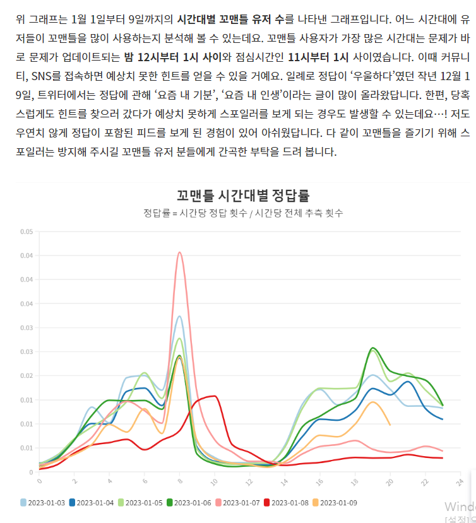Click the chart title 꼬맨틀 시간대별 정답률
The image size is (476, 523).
[243, 195]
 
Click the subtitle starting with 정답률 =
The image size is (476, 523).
[243, 213]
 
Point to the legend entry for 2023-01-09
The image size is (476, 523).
[336, 503]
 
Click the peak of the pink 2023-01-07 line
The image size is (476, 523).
[180, 253]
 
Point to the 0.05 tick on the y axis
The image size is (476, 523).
[26, 232]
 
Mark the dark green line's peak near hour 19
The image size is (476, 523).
[373, 348]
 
